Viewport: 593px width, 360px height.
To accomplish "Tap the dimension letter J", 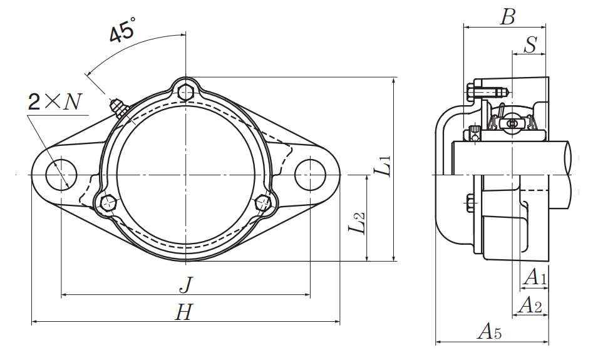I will (x=185, y=285).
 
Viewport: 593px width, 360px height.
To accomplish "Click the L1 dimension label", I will (x=384, y=166).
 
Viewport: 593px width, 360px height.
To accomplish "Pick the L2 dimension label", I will (x=356, y=224).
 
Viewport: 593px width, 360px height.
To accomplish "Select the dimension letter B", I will (x=507, y=17).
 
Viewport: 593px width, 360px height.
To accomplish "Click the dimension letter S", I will (x=530, y=45).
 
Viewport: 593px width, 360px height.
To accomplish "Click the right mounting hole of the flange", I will (x=311, y=173).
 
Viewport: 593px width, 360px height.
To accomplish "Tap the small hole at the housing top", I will (x=185, y=93).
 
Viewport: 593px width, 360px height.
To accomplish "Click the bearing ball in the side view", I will (x=512, y=123).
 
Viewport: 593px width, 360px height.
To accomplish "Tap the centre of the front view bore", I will (x=185, y=173).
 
